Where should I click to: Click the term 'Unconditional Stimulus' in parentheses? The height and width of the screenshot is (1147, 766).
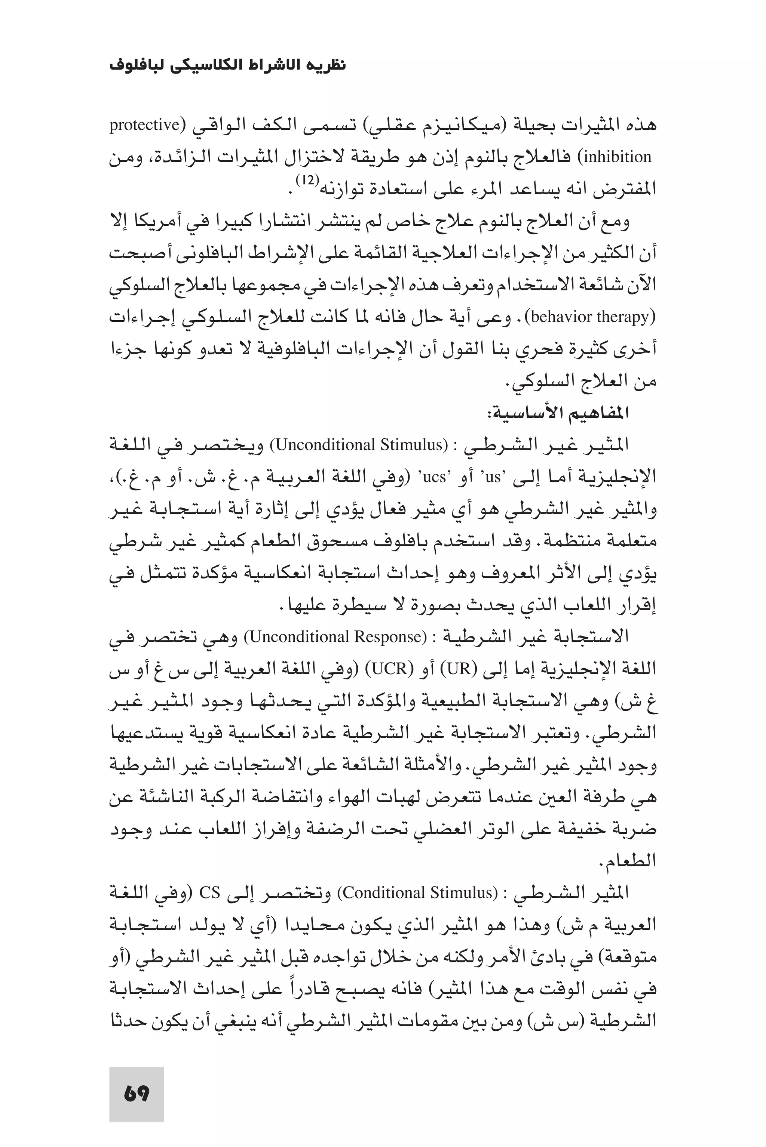[x=359, y=445]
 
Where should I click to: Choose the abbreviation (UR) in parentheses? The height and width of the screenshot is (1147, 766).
[x=458, y=669]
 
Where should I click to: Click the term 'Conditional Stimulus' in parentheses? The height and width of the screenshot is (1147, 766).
[x=418, y=893]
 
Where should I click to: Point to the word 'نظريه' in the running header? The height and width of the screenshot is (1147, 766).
[x=329, y=65]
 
